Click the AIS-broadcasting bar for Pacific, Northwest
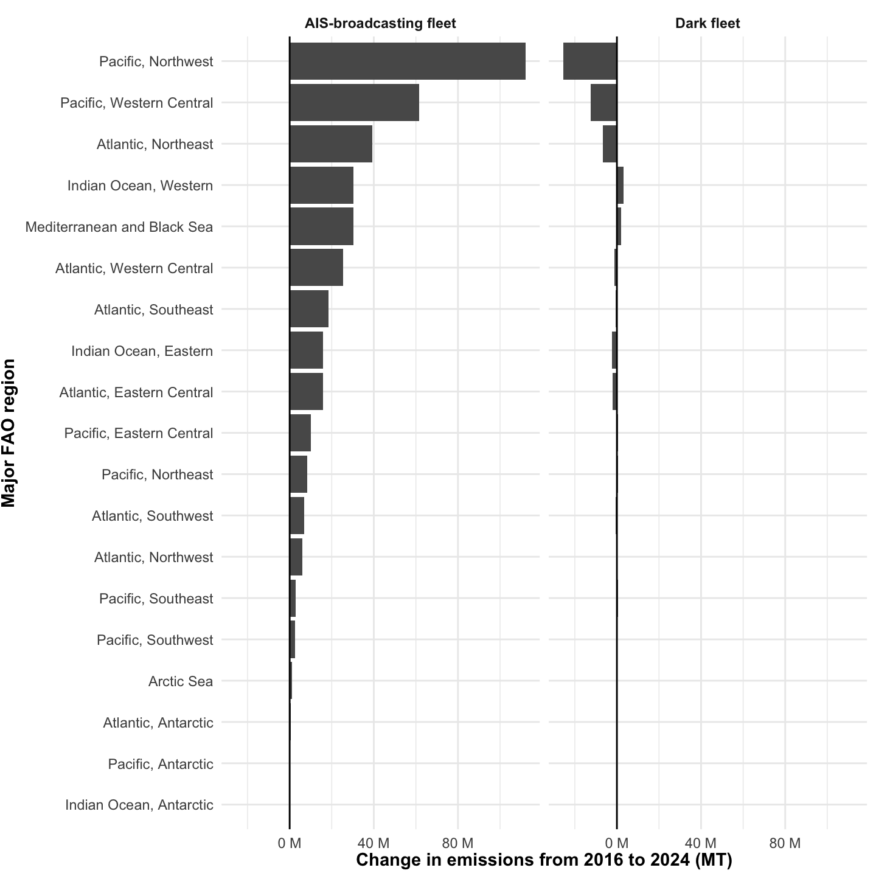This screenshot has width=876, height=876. (407, 61)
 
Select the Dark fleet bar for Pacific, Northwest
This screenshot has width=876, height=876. (589, 61)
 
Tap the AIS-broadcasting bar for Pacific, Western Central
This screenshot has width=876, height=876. (354, 102)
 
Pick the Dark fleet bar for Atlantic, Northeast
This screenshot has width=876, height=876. (610, 144)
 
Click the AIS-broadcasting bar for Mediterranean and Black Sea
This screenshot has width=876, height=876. (321, 226)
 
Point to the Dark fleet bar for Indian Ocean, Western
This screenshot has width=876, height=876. (620, 185)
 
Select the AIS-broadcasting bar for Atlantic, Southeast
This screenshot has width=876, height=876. (309, 309)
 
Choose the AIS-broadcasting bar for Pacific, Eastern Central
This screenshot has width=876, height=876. (300, 433)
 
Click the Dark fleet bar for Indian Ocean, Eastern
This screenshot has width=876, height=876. (614, 350)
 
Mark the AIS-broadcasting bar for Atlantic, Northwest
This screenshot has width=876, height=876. (296, 557)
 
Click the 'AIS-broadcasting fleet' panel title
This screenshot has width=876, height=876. (380, 24)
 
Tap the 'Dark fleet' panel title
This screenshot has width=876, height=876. (707, 24)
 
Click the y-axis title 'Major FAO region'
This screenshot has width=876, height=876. (9, 433)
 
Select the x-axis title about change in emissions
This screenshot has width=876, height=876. (544, 860)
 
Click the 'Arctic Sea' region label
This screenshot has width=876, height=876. (181, 681)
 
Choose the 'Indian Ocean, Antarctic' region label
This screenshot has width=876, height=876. (139, 805)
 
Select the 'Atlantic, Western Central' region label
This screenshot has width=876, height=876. (134, 268)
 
